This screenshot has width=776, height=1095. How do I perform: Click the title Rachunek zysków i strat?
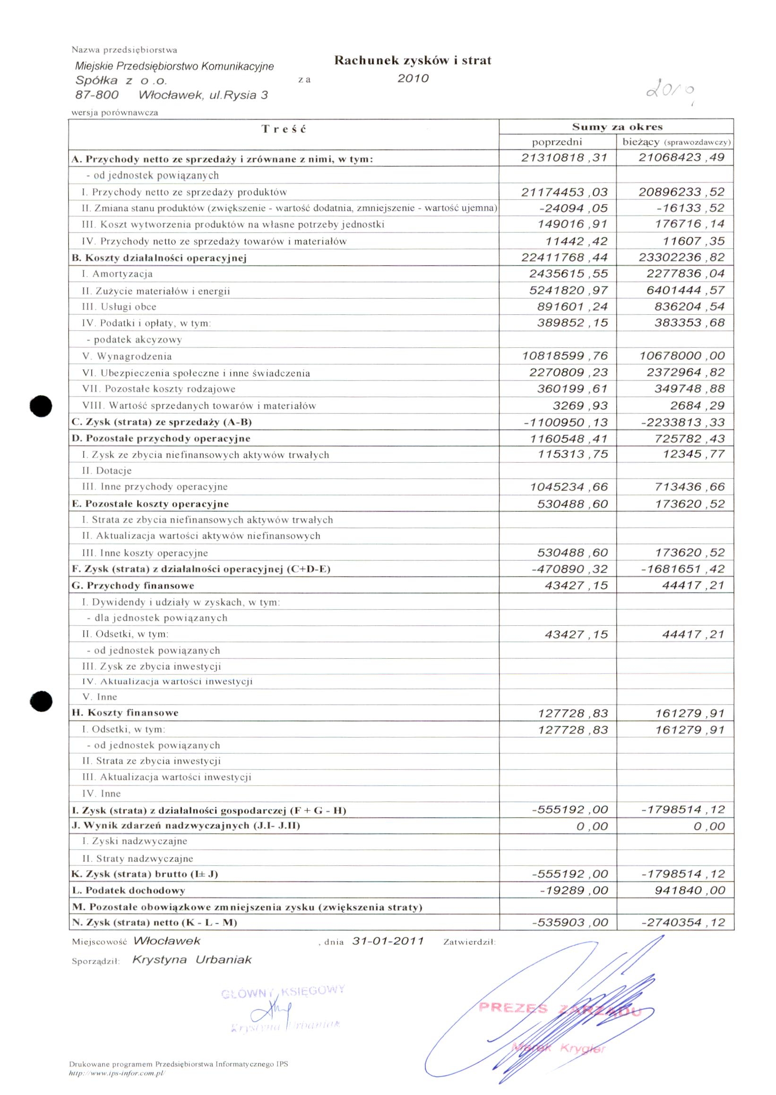413,60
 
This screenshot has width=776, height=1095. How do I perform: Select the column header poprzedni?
557,142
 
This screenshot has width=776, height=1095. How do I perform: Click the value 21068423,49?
681,157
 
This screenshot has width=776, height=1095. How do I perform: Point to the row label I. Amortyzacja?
118,274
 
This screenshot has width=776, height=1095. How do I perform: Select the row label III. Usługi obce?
119,307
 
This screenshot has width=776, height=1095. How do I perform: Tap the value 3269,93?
580,405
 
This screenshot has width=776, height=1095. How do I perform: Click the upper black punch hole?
41,406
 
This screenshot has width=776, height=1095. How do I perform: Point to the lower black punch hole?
41,701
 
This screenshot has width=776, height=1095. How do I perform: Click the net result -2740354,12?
683,923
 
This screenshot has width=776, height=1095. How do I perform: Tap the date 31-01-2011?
388,941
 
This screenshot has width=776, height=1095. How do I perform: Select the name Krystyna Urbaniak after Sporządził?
191,960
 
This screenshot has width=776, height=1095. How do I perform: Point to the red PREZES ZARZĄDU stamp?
559,1009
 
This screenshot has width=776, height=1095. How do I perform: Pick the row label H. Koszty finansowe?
125,713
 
